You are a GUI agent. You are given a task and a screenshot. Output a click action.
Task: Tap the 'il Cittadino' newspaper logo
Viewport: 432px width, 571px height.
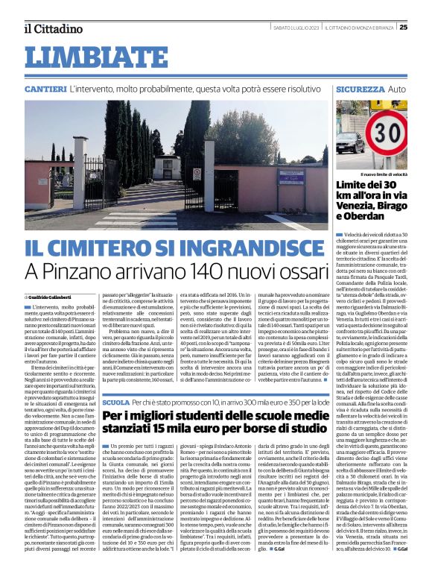pyautogui.click(x=52, y=29)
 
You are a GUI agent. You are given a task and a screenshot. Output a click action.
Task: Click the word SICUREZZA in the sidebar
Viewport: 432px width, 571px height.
pyautogui.click(x=360, y=89)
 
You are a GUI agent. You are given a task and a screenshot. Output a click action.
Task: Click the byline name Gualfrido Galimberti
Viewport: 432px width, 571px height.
pyautogui.click(x=54, y=297)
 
